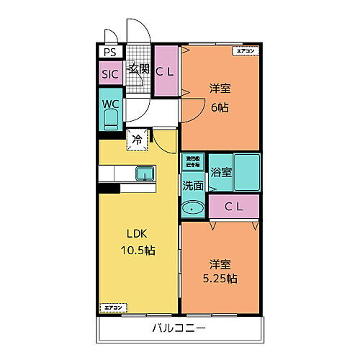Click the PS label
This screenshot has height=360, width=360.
tap(109, 53)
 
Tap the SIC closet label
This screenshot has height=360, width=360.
tap(109, 74)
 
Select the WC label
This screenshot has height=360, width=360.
tap(110, 104)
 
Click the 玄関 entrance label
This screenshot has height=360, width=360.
tap(139, 70)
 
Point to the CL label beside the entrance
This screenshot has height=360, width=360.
tap(165, 71)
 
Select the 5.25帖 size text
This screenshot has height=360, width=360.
tap(220, 278)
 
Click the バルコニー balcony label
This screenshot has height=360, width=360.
tap(180, 329)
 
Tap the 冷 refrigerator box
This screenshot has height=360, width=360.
tap(136, 140)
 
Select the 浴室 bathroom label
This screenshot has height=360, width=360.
tap(221, 172)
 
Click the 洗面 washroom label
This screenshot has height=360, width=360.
tap(192, 185)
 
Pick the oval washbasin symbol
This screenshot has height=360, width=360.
tap(193, 209)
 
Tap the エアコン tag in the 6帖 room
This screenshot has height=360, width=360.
tap(243, 51)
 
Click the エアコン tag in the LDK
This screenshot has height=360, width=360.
tap(114, 307)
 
